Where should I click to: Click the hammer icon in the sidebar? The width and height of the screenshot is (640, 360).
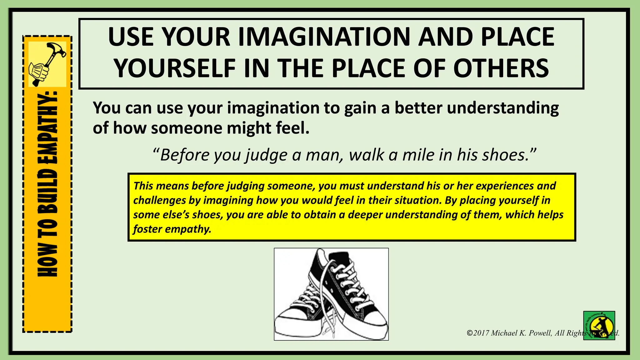(47, 64)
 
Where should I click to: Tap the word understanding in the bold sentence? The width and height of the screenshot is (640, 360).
(503, 108)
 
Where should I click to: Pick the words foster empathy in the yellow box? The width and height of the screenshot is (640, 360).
(172, 229)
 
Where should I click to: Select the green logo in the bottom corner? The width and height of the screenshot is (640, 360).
(599, 325)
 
